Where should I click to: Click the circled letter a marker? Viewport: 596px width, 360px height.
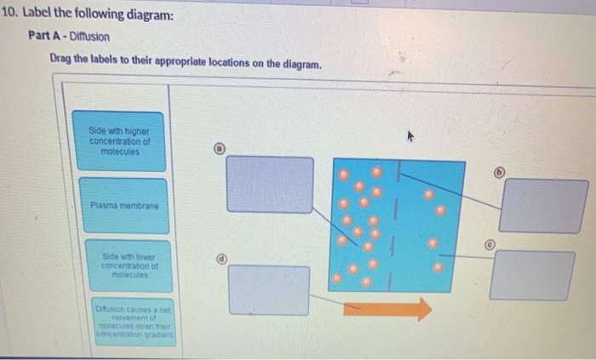219,148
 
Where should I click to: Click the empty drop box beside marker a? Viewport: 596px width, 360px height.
270,183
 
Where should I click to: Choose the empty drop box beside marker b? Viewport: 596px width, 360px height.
542,205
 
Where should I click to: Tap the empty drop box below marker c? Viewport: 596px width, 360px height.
532,275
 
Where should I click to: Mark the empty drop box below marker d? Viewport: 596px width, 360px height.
269,289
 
